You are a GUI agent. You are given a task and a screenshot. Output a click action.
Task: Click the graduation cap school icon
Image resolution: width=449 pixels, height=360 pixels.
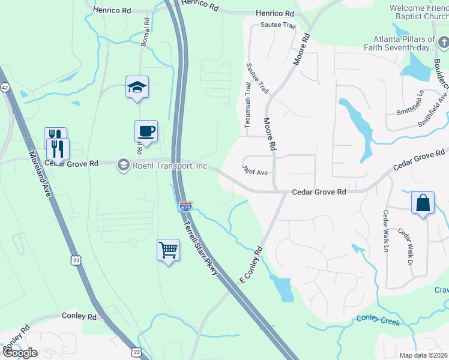(x=137, y=88)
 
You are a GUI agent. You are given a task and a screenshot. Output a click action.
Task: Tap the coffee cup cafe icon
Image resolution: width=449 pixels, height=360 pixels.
(x=146, y=131)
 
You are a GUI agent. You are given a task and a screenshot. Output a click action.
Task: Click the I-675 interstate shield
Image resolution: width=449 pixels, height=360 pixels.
(x=185, y=206)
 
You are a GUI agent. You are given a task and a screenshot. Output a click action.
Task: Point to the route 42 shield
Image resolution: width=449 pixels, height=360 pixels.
(x=4, y=87)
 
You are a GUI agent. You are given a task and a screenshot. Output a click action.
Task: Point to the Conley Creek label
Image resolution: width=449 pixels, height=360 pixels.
(x=378, y=320)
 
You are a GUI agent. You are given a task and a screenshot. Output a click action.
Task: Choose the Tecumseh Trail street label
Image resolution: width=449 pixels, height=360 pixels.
(x=247, y=105)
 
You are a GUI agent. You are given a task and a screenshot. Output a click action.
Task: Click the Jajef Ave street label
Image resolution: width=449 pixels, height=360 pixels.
(x=255, y=171)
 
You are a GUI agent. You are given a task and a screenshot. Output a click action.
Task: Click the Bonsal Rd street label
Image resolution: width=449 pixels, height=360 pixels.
(x=145, y=32)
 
